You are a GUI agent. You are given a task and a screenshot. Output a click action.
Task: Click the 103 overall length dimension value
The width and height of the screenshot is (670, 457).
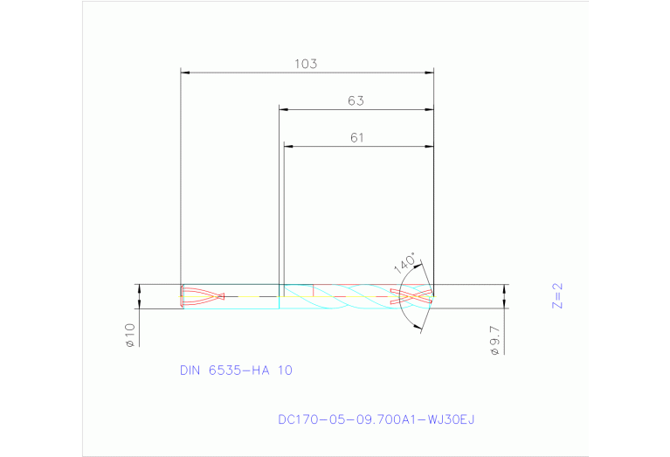tap(305, 64)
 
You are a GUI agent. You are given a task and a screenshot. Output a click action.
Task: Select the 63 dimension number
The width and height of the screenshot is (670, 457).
tap(355, 100)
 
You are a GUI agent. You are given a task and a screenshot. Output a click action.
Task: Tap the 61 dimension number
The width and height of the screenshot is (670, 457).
tap(357, 137)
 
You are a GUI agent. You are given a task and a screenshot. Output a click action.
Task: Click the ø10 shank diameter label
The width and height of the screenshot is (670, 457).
tap(129, 336)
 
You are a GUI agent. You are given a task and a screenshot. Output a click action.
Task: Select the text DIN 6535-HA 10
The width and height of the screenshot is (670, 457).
tap(236, 370)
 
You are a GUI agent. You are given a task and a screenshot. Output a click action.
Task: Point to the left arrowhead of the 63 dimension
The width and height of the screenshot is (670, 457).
tap(284, 109)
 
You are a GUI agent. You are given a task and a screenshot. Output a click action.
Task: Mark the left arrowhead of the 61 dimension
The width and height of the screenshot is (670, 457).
tap(289, 145)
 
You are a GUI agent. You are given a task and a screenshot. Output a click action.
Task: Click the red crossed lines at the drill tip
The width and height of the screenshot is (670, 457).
tap(411, 296)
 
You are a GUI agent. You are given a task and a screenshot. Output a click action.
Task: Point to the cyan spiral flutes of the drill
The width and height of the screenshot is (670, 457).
tap(349, 297)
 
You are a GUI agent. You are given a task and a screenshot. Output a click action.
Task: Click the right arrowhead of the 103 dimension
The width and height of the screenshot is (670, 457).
tap(429, 73)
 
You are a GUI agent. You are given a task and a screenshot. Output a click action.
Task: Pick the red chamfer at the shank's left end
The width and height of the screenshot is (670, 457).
tap(181, 296)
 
